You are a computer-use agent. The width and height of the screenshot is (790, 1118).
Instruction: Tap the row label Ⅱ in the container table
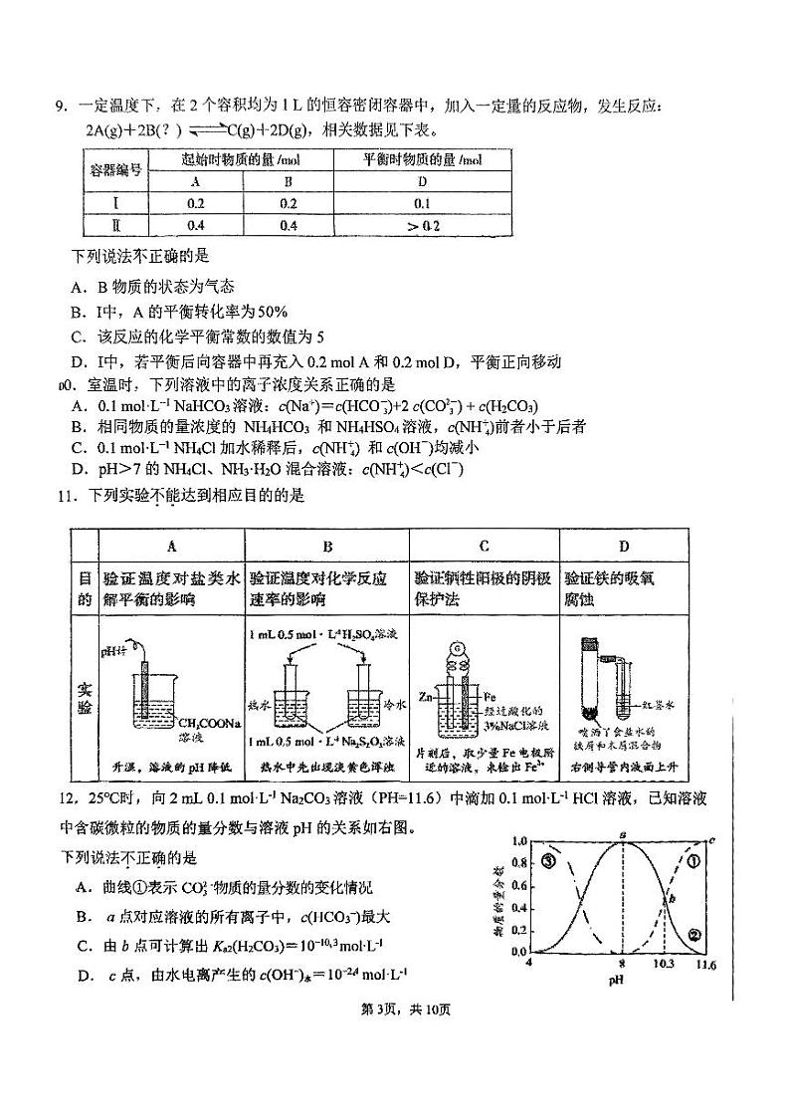[x=114, y=225]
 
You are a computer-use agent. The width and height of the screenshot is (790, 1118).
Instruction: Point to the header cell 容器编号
[x=114, y=170]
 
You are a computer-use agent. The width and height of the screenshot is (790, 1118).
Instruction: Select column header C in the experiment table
[x=484, y=546]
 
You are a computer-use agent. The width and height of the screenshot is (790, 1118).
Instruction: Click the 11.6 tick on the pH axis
[x=705, y=965]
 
